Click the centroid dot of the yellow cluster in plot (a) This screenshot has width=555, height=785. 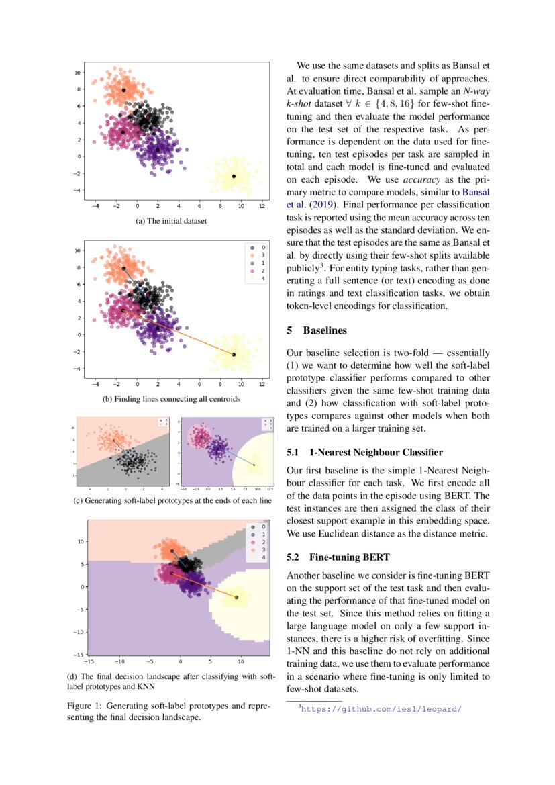234,176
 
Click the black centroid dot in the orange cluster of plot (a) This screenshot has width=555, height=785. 123,89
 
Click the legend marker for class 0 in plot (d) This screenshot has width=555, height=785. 249,527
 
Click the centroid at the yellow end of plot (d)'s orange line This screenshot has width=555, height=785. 236,597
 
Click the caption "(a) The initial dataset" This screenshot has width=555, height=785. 172,220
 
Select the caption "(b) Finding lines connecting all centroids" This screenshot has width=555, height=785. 171,399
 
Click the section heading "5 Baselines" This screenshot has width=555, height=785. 318,330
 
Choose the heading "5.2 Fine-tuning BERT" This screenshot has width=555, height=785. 338,557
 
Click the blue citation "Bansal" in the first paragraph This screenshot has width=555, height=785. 474,193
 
